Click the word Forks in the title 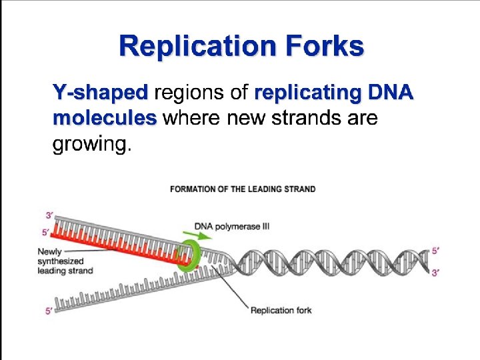pos(326,47)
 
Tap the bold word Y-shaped pos(100,92)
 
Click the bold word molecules pos(104,118)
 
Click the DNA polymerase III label pos(232,227)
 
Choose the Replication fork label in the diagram pos(281,310)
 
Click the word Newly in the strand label pos(50,252)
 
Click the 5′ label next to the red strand pos(45,233)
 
